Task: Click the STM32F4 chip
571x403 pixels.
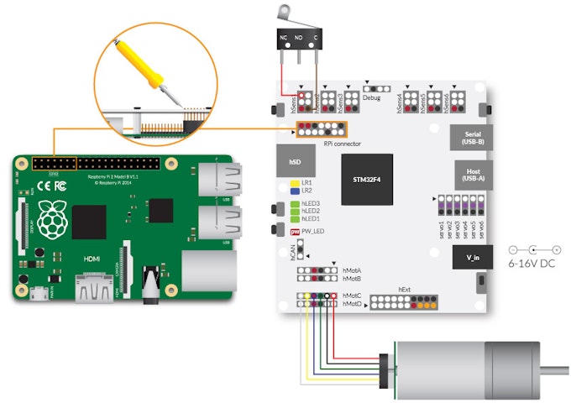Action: point(367,179)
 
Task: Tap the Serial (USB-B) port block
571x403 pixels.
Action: point(468,138)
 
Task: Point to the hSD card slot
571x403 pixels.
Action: point(294,160)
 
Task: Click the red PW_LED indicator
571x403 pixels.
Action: point(295,232)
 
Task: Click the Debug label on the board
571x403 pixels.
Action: point(371,97)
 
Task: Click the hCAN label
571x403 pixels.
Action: point(288,250)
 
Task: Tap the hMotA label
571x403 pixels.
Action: point(352,270)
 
